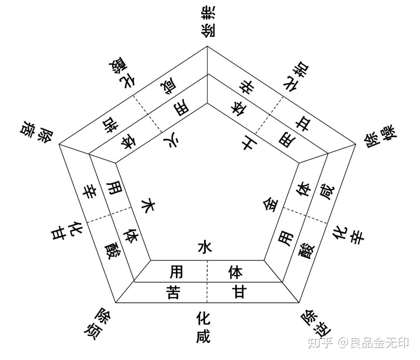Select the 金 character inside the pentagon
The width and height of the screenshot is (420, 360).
coord(271,204)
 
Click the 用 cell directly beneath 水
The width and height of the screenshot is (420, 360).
coord(176,272)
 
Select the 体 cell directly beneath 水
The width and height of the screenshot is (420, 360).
coord(237,272)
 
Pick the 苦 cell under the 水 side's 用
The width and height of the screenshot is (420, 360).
coord(173,292)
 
